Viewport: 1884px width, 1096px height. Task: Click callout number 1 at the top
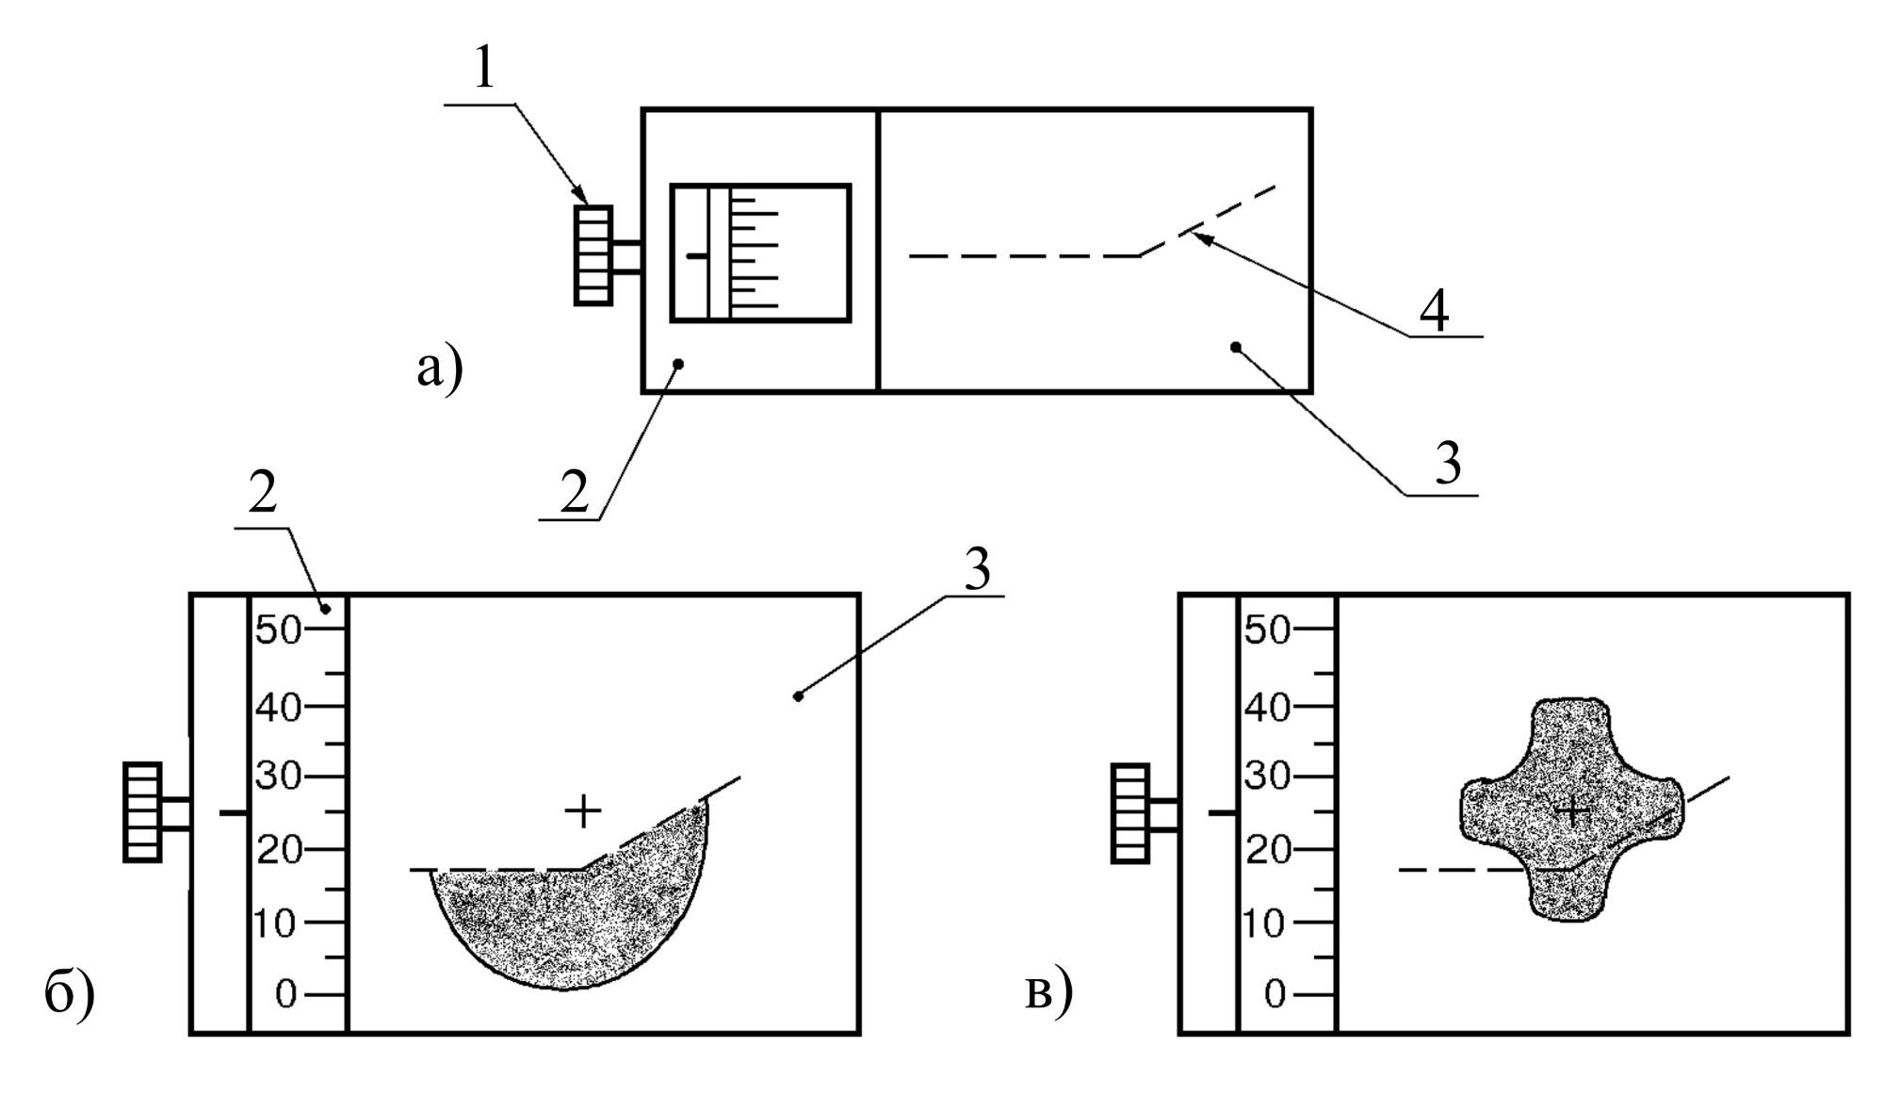(483, 69)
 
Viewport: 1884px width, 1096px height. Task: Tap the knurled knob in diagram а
(593, 255)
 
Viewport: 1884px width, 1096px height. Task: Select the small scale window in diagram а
(760, 253)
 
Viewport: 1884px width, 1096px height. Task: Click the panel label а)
(440, 368)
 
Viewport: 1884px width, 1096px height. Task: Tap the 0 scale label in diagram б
(285, 994)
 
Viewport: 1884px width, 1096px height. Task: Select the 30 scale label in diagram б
(278, 778)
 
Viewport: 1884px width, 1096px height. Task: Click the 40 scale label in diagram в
(1266, 707)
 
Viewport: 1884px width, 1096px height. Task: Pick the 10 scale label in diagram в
(1266, 924)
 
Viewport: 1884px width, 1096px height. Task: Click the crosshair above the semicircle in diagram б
(583, 810)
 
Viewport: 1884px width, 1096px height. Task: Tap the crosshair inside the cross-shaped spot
(1571, 810)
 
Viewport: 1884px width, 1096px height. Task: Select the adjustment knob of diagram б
(142, 811)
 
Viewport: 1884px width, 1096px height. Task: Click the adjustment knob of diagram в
(1130, 812)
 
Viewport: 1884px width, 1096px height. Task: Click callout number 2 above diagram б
(263, 493)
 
